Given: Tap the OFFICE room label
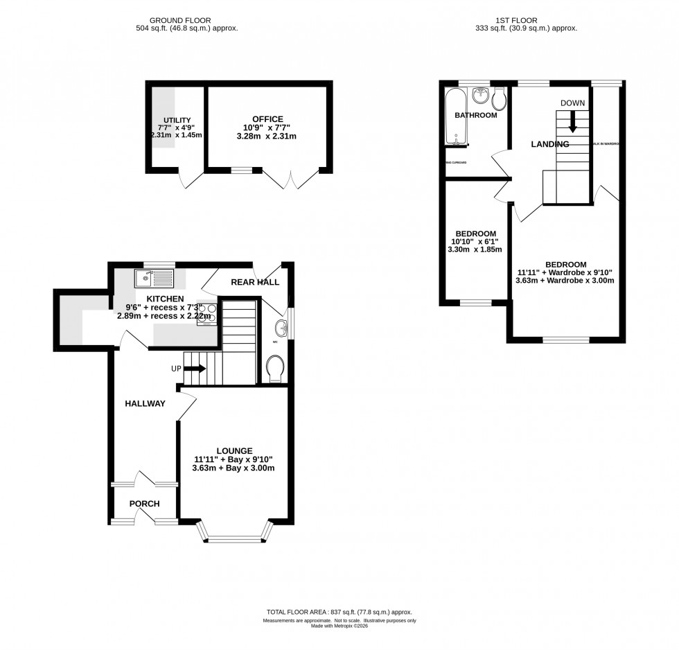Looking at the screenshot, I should coord(267,119).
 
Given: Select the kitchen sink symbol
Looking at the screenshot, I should coord(155,279).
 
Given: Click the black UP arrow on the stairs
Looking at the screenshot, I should coord(195,369).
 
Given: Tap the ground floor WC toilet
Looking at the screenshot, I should coord(275,367).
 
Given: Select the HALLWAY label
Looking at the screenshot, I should coord(145,403).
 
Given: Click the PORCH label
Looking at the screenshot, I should coord(144,504).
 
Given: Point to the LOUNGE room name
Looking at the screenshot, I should coord(233,450).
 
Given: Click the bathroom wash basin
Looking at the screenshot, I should coord(480,96).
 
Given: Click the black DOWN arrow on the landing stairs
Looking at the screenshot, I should coord(572,122).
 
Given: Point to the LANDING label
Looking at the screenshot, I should coord(549,144).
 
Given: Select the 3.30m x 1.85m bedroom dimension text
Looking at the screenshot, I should coord(476,249).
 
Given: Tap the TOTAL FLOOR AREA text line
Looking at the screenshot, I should coord(339,612).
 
